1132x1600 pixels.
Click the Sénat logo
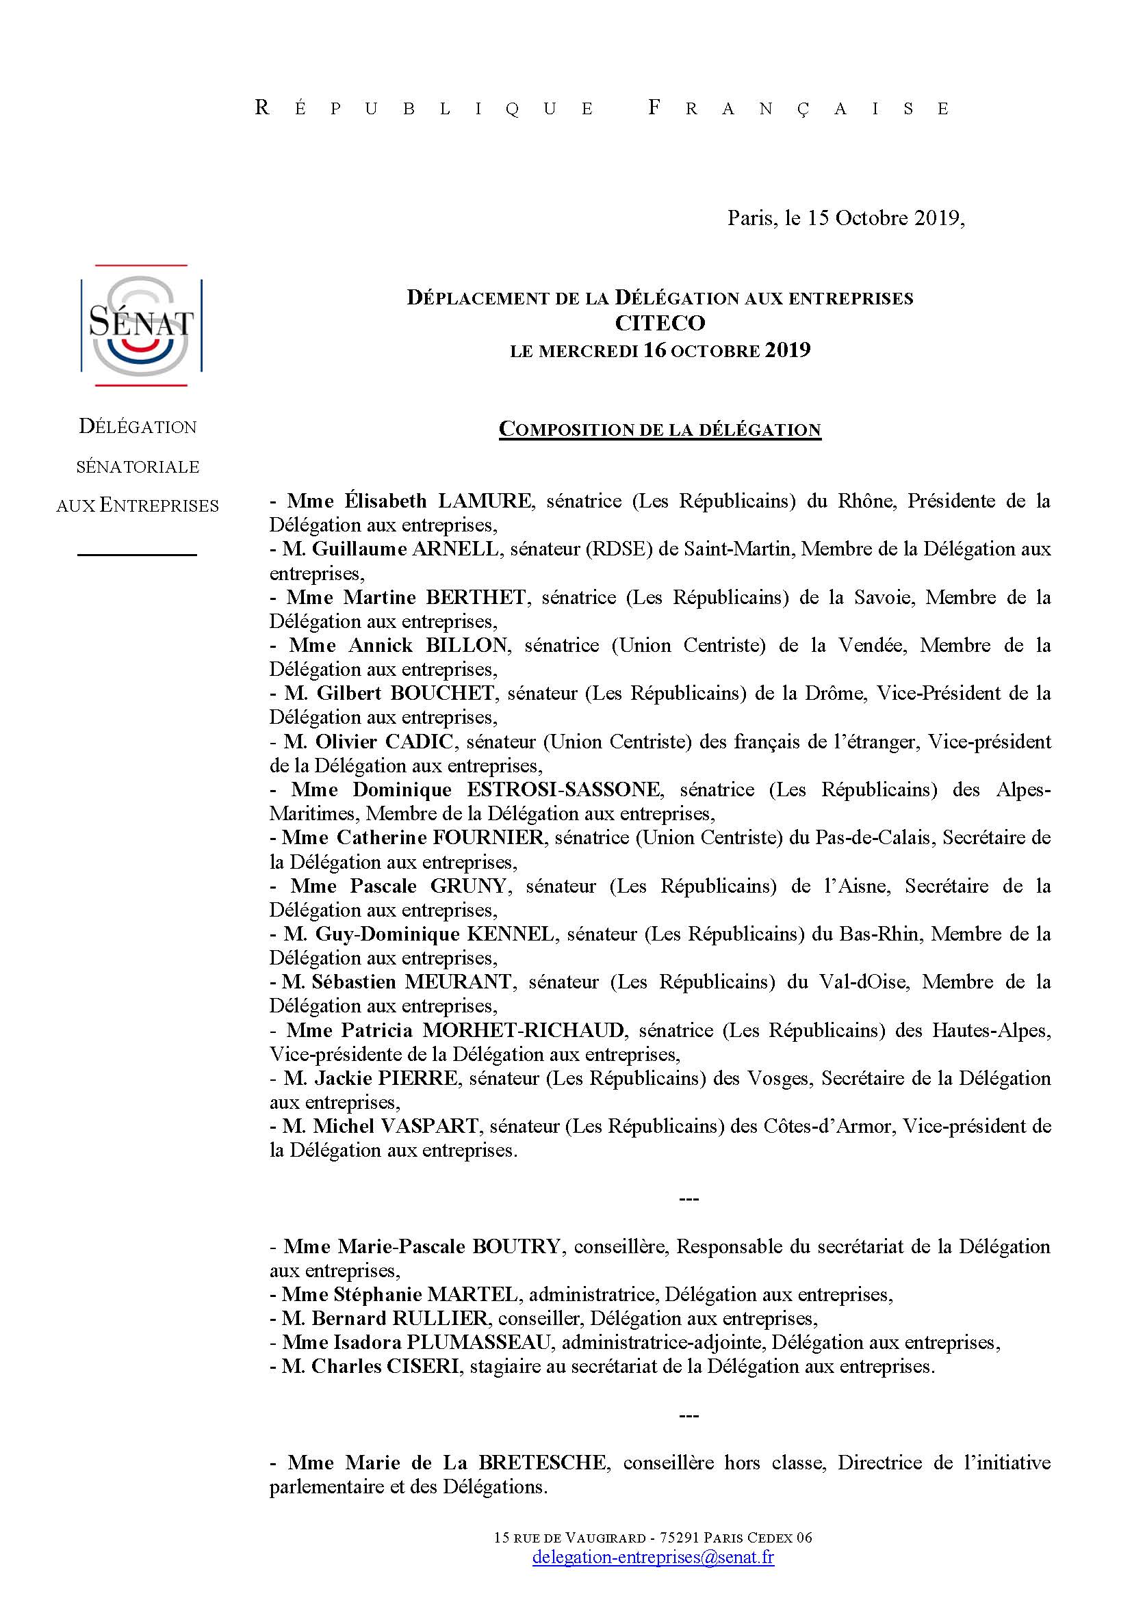tap(142, 326)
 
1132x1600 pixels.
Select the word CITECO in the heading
tap(659, 324)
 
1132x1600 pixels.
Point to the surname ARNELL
tap(456, 549)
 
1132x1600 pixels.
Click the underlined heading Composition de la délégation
tap(659, 430)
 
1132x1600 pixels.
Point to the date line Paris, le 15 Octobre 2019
tap(845, 218)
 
